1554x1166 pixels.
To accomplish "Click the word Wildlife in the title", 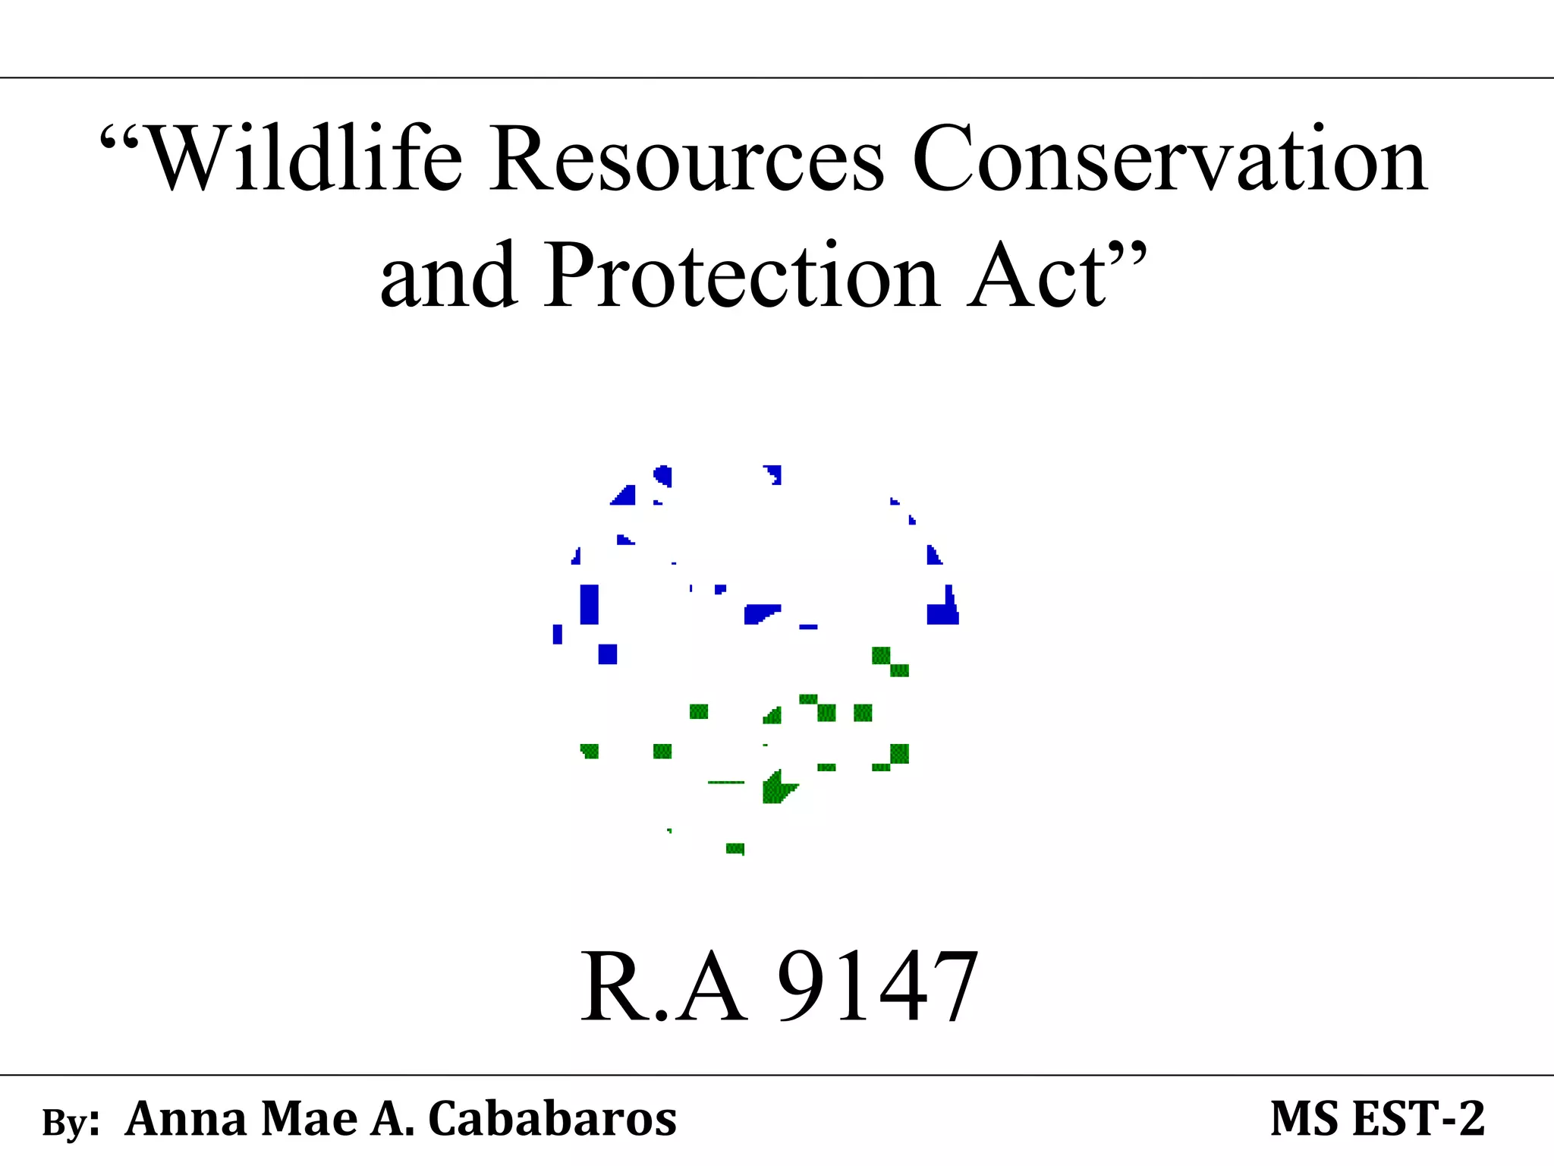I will (x=304, y=159).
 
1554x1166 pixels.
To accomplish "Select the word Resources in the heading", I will (x=687, y=159).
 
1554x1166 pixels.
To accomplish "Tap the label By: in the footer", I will (x=71, y=1122).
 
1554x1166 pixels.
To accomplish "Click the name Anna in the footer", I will (x=187, y=1119).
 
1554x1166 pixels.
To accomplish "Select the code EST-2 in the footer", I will (x=1419, y=1119).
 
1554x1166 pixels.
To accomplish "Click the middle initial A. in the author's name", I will (x=392, y=1119).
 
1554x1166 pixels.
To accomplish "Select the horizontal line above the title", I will (x=777, y=77).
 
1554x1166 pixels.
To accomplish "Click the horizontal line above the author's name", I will (x=777, y=1075).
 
